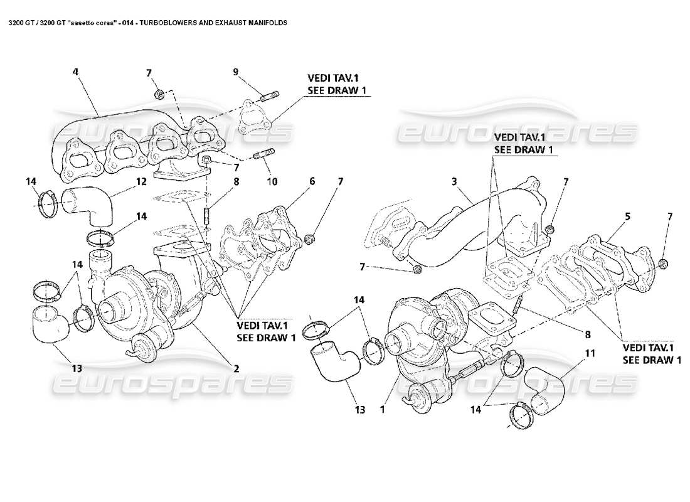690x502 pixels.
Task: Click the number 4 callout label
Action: (75, 72)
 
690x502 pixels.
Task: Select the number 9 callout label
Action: (236, 72)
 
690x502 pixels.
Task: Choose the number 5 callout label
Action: (627, 216)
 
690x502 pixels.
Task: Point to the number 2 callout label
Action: (236, 368)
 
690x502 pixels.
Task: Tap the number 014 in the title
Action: (129, 22)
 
